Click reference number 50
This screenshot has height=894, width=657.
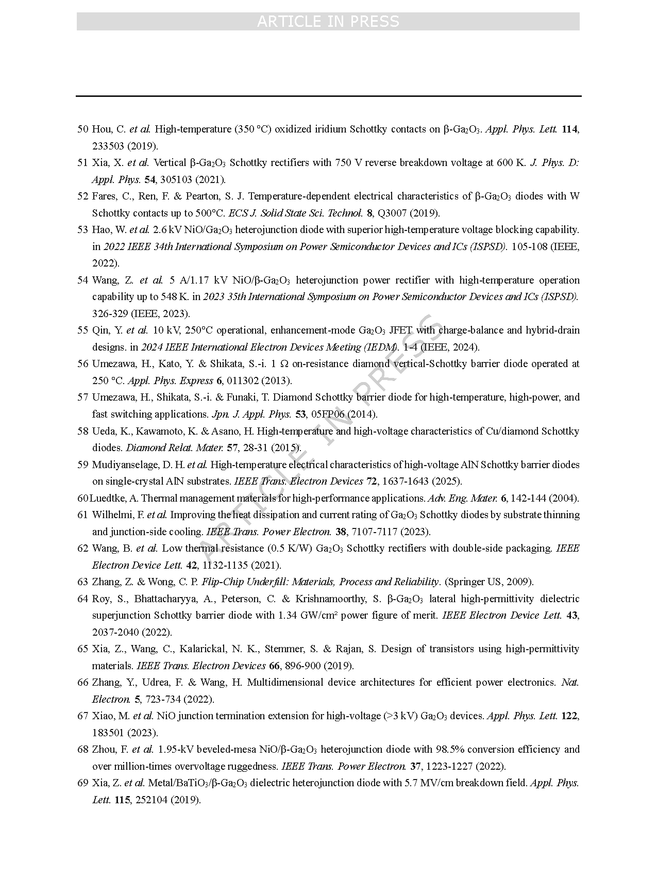pos(82,129)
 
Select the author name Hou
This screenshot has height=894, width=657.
pos(101,129)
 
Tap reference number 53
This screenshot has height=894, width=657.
pos(82,229)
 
